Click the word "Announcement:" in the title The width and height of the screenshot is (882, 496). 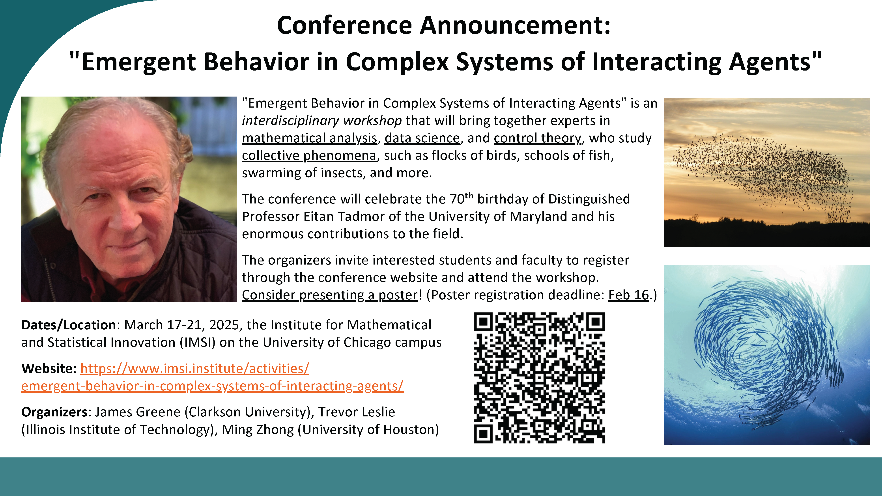(x=515, y=25)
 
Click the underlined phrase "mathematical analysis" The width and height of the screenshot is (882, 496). (x=310, y=138)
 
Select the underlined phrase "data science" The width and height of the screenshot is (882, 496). (x=422, y=138)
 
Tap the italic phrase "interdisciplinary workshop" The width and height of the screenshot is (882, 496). (x=322, y=121)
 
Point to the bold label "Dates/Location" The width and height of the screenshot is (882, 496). (x=69, y=325)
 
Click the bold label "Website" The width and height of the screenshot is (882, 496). (x=47, y=369)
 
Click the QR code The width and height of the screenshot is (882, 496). (x=539, y=378)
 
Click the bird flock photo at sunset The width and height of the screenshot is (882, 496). (x=767, y=172)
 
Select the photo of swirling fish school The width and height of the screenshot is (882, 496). (x=767, y=355)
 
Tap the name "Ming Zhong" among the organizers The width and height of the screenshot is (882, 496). (x=258, y=430)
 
